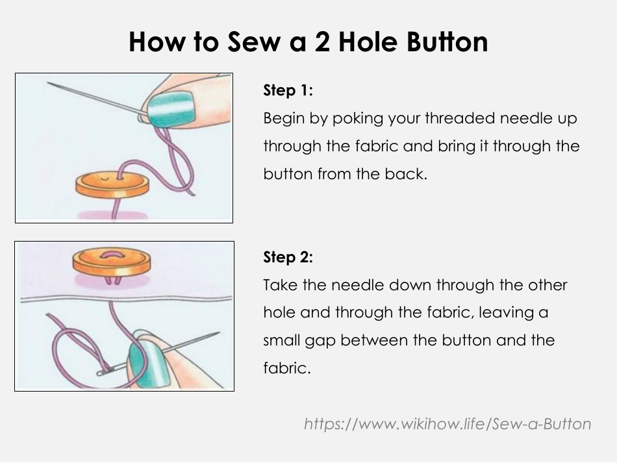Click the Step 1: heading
pyautogui.click(x=288, y=91)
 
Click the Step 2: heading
pyautogui.click(x=288, y=257)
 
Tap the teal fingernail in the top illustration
pyautogui.click(x=171, y=108)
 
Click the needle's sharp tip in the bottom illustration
pyautogui.click(x=219, y=334)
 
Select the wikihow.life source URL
pyautogui.click(x=447, y=424)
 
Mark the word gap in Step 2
pyautogui.click(x=321, y=340)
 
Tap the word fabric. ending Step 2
pyautogui.click(x=287, y=368)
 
